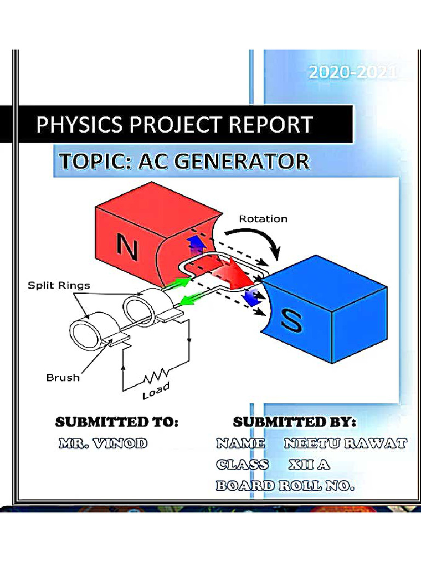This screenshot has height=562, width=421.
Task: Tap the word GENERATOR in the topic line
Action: click(243, 162)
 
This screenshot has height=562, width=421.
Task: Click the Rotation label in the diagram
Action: click(263, 218)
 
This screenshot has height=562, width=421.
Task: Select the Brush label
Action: click(63, 378)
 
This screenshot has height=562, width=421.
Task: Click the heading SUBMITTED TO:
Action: click(117, 423)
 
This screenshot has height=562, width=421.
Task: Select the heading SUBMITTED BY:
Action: click(294, 423)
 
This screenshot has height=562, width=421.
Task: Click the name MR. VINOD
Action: click(103, 443)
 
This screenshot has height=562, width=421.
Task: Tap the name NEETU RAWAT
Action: click(345, 443)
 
